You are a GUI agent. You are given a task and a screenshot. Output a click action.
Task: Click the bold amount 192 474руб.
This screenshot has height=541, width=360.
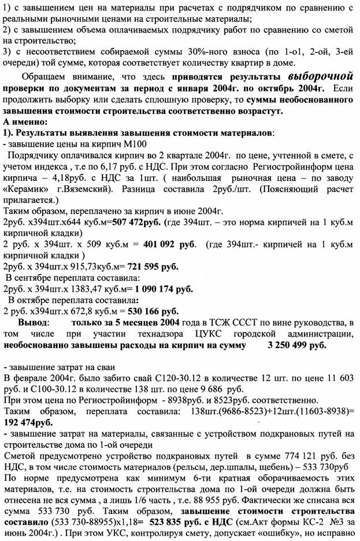pyautogui.click(x=29, y=423)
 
